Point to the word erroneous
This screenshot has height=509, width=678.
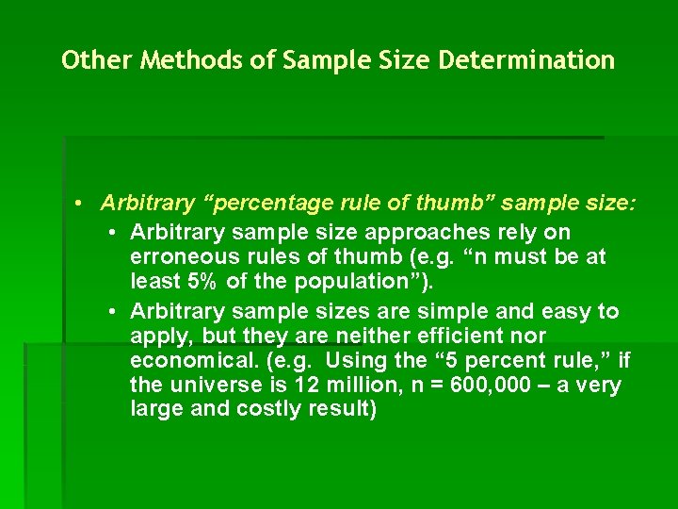(181, 256)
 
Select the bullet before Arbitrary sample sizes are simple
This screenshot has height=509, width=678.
(112, 311)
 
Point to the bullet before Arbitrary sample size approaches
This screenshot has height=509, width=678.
(112, 232)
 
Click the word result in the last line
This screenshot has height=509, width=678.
(344, 409)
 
